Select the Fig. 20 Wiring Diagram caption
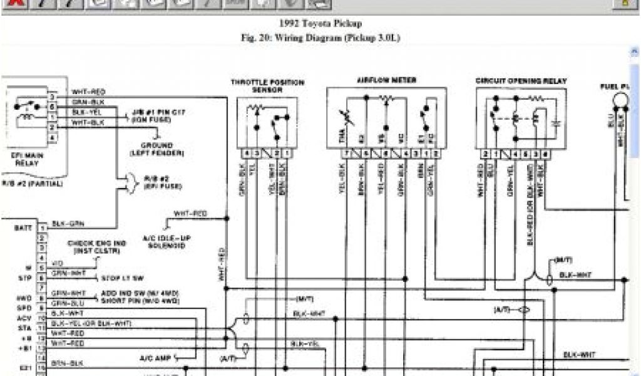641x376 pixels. click(320, 38)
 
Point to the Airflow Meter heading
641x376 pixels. click(386, 80)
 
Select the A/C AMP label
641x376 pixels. click(156, 358)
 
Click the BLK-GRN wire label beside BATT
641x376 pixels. click(68, 223)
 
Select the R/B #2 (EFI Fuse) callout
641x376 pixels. click(152, 182)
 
